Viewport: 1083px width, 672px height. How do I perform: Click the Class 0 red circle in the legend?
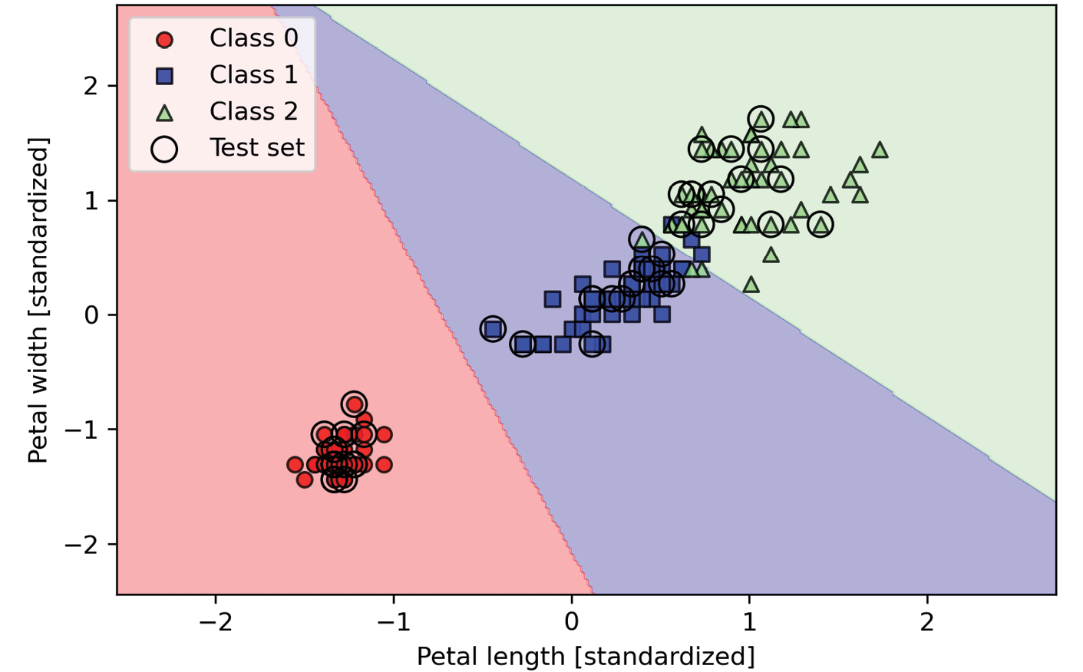point(164,39)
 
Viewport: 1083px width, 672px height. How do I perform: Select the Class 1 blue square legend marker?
point(164,75)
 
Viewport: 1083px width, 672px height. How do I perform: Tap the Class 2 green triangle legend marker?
point(164,113)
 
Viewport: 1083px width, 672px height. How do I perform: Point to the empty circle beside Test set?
point(164,149)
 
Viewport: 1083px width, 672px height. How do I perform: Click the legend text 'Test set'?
point(257,147)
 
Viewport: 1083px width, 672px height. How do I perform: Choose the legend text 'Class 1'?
point(253,74)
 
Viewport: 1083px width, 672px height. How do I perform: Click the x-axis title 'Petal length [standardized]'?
point(586,657)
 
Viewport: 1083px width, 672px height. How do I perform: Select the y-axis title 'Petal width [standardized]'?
point(38,300)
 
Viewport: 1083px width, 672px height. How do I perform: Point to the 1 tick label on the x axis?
point(749,621)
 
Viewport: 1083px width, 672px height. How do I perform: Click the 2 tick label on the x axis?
point(927,621)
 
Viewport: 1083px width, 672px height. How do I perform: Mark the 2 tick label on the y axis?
point(91,85)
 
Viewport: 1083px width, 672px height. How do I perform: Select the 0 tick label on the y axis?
point(91,315)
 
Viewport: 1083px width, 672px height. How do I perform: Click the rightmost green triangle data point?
point(880,150)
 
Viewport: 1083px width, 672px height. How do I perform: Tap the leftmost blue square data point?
point(493,328)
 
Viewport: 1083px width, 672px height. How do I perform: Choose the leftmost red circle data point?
point(295,464)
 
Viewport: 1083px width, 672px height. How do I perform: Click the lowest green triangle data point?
point(751,285)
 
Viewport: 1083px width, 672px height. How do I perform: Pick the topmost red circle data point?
point(354,404)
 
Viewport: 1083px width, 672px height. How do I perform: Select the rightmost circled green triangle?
point(821,225)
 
